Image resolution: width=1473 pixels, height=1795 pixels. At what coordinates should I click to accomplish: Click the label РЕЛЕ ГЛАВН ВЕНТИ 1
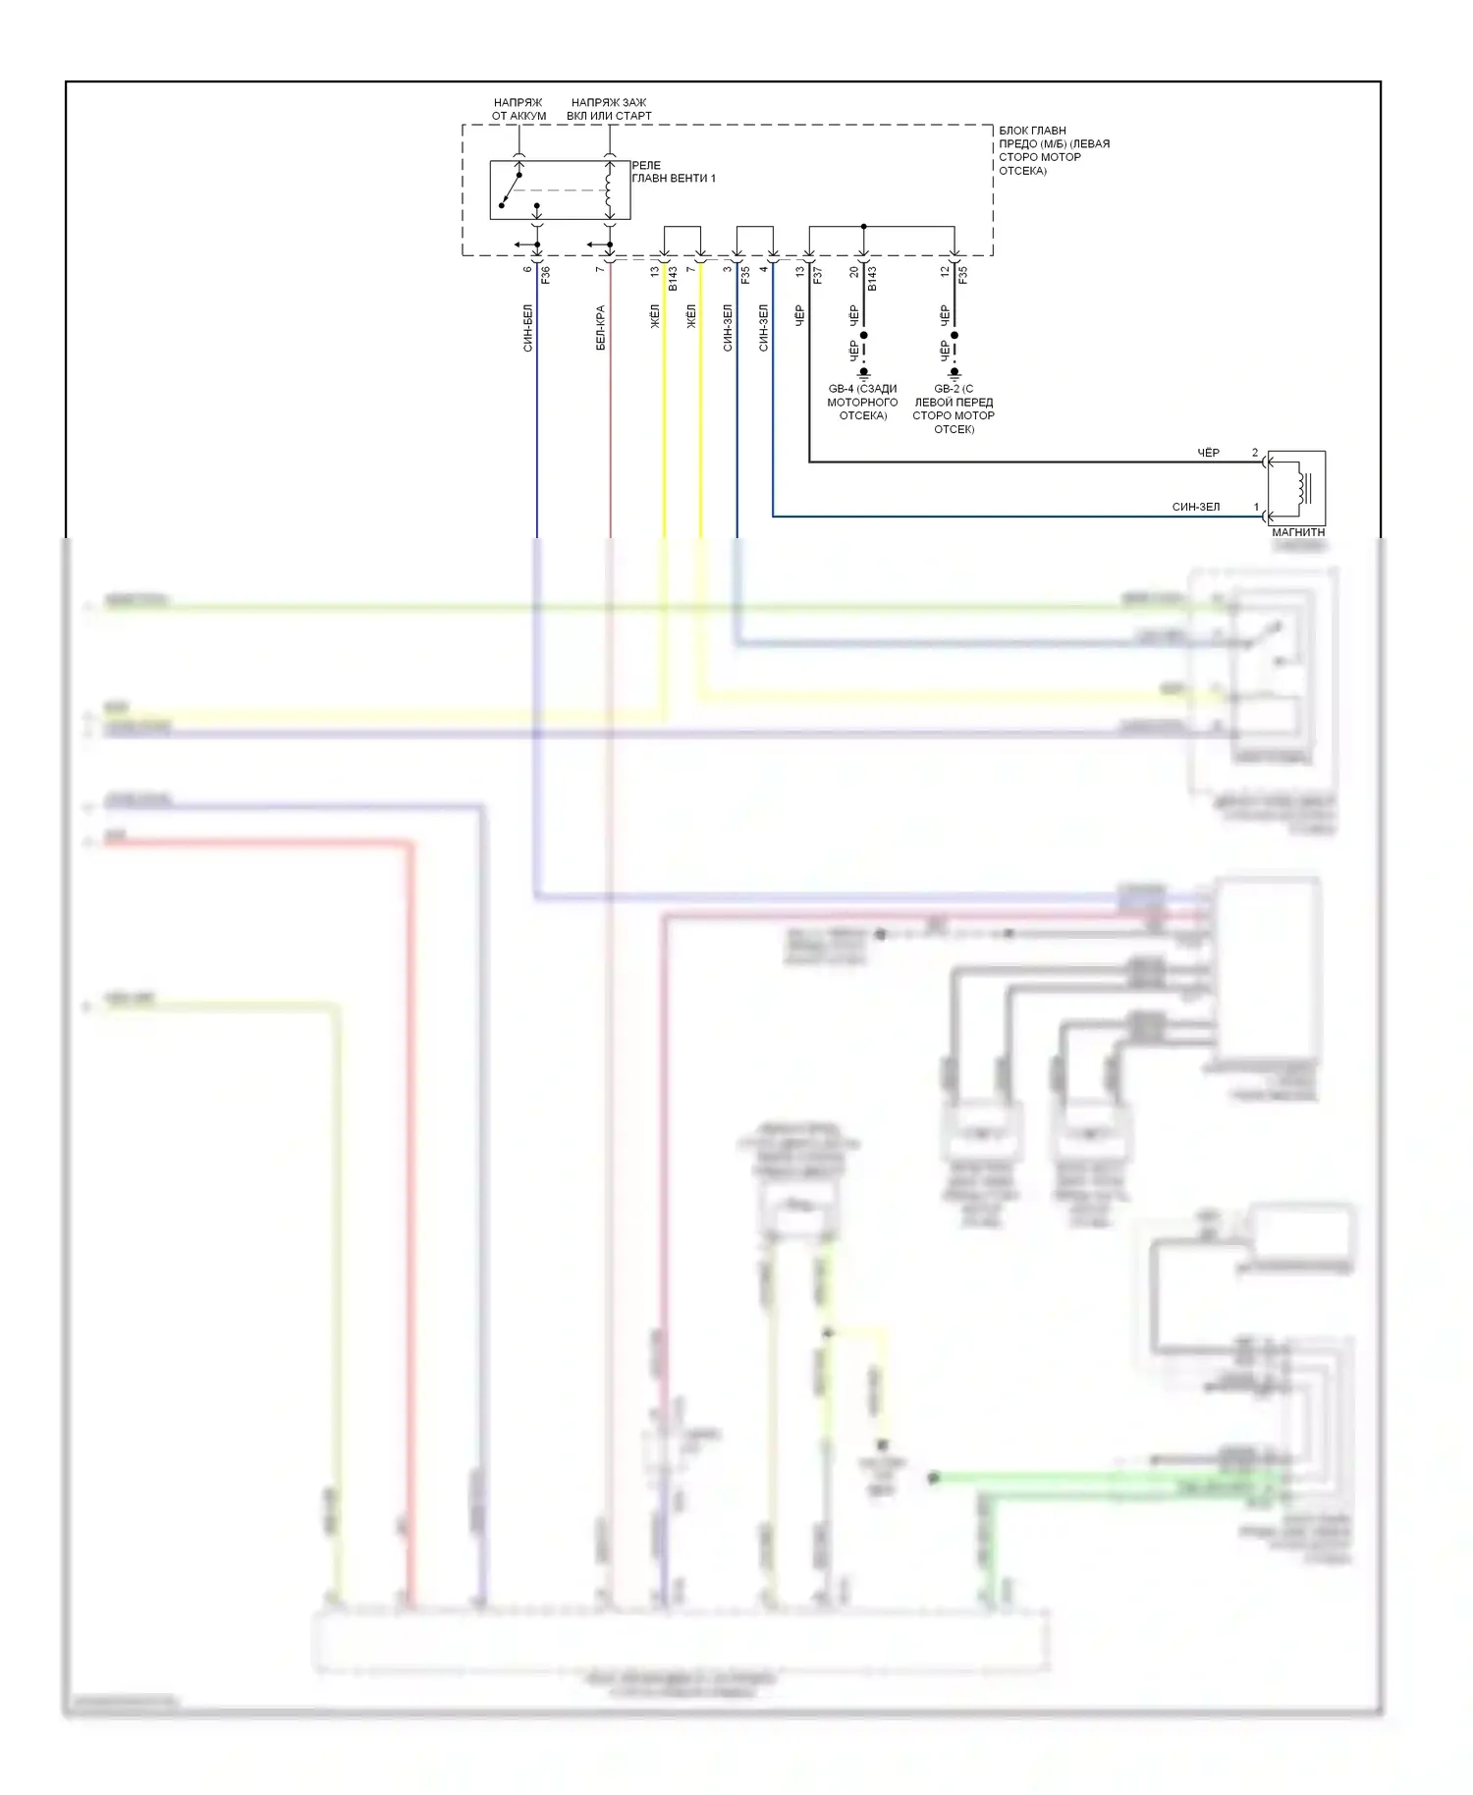click(674, 172)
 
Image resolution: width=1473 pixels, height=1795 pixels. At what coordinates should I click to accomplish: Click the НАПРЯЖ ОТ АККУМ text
click(518, 109)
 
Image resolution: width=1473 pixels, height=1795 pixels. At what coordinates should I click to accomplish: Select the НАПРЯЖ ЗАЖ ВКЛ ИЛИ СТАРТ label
click(609, 109)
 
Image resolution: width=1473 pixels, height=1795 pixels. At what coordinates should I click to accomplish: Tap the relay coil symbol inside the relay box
click(610, 190)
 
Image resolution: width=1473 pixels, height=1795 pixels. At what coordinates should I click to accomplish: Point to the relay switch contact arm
click(511, 190)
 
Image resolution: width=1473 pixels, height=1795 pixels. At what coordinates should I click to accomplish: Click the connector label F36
click(546, 275)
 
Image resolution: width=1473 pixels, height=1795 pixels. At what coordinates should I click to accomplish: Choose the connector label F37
click(817, 275)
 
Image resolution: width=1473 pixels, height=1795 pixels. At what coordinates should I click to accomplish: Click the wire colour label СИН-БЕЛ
click(527, 328)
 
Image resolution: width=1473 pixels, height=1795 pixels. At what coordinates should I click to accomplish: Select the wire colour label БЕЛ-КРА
click(600, 328)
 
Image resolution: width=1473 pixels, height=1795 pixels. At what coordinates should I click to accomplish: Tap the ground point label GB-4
click(862, 402)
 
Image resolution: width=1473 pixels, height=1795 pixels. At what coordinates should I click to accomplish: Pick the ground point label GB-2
click(954, 408)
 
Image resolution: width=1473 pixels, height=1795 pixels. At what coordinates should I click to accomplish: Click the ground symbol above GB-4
click(864, 374)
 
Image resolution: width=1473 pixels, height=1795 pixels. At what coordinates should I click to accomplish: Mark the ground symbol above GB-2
click(955, 374)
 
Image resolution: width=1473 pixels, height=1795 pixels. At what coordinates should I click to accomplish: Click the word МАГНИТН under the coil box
click(1298, 532)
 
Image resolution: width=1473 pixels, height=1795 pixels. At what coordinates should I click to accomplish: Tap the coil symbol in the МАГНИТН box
click(1303, 488)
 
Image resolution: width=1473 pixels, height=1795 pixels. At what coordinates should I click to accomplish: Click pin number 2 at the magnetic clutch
click(1255, 453)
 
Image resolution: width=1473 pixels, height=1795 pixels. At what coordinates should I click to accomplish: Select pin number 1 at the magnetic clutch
click(1256, 507)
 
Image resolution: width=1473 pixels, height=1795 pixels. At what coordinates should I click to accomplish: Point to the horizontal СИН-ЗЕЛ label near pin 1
click(1196, 507)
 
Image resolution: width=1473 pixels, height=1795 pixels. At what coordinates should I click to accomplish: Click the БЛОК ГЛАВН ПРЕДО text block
click(1054, 150)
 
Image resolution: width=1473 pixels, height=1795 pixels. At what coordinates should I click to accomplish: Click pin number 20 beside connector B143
click(854, 271)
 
